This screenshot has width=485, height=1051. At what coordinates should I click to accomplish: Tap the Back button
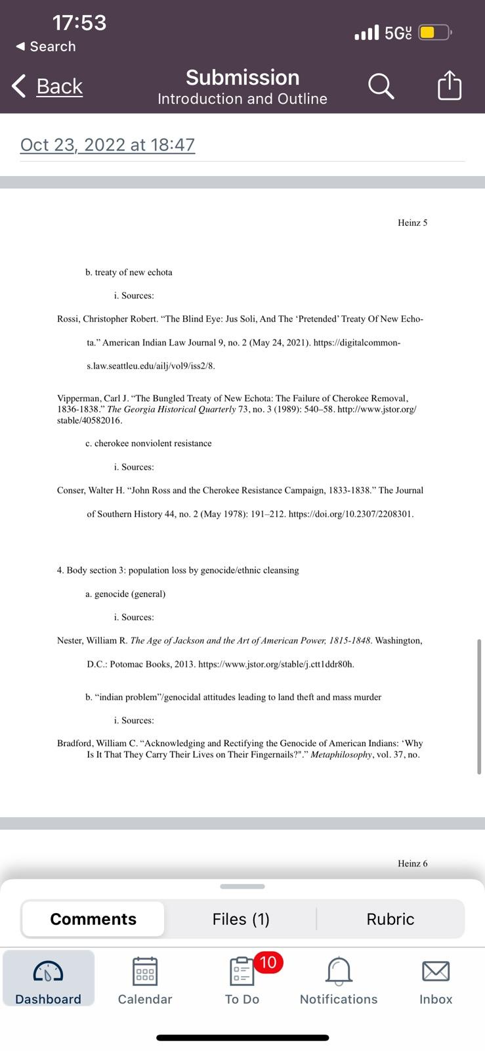pyautogui.click(x=48, y=86)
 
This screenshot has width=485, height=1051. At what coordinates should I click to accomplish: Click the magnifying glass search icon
pyautogui.click(x=381, y=86)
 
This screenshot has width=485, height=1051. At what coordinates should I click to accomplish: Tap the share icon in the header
pyautogui.click(x=450, y=86)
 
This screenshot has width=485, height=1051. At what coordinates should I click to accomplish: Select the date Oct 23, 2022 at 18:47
pyautogui.click(x=108, y=145)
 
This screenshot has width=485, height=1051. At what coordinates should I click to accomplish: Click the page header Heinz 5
pyautogui.click(x=412, y=223)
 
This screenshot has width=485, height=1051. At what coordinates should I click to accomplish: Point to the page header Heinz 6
pyautogui.click(x=412, y=863)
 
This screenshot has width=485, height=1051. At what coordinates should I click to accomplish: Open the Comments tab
pyautogui.click(x=93, y=919)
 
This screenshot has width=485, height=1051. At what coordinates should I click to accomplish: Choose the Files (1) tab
pyautogui.click(x=241, y=919)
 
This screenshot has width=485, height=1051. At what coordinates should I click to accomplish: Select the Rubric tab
pyautogui.click(x=390, y=919)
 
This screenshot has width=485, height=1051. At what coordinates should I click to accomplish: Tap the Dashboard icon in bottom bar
pyautogui.click(x=48, y=972)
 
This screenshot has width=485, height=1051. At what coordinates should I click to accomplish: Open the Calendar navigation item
pyautogui.click(x=144, y=972)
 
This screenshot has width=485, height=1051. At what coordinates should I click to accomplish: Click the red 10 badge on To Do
pyautogui.click(x=268, y=963)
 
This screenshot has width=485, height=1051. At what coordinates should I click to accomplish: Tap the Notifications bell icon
pyautogui.click(x=339, y=971)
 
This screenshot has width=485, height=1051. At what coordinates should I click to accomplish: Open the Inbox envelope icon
pyautogui.click(x=436, y=971)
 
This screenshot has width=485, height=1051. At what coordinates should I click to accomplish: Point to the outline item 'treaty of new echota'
pyautogui.click(x=133, y=272)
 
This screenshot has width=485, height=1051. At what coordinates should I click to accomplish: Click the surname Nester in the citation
pyautogui.click(x=71, y=640)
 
